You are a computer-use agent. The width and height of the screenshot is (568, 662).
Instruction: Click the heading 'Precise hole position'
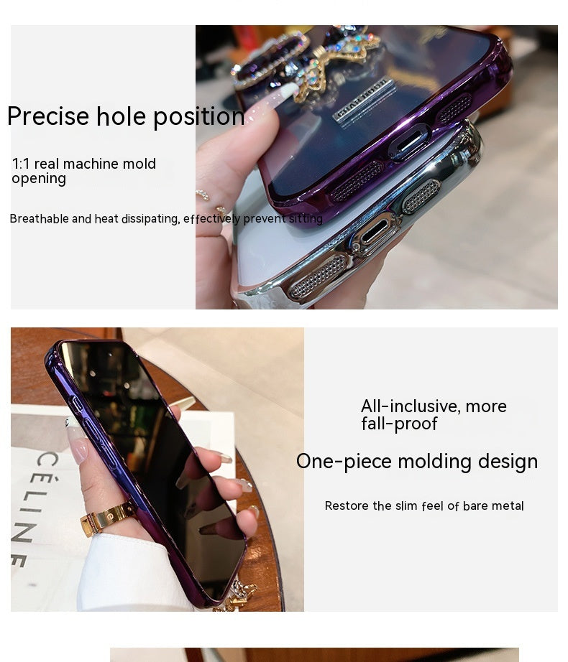[126, 116]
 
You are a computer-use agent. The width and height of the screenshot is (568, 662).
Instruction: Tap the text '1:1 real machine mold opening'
[83, 171]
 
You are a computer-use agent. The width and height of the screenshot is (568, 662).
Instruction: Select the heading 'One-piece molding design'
[417, 462]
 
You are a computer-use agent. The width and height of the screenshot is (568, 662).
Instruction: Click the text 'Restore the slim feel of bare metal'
[424, 505]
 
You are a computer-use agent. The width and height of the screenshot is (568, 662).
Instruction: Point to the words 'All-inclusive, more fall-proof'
[434, 414]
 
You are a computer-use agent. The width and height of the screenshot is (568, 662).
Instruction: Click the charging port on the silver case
[374, 235]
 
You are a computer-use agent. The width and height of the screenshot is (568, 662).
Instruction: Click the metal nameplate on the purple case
[364, 100]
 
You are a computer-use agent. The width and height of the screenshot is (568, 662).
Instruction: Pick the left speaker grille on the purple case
[358, 180]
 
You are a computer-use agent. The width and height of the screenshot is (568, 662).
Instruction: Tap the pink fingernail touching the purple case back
[285, 91]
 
